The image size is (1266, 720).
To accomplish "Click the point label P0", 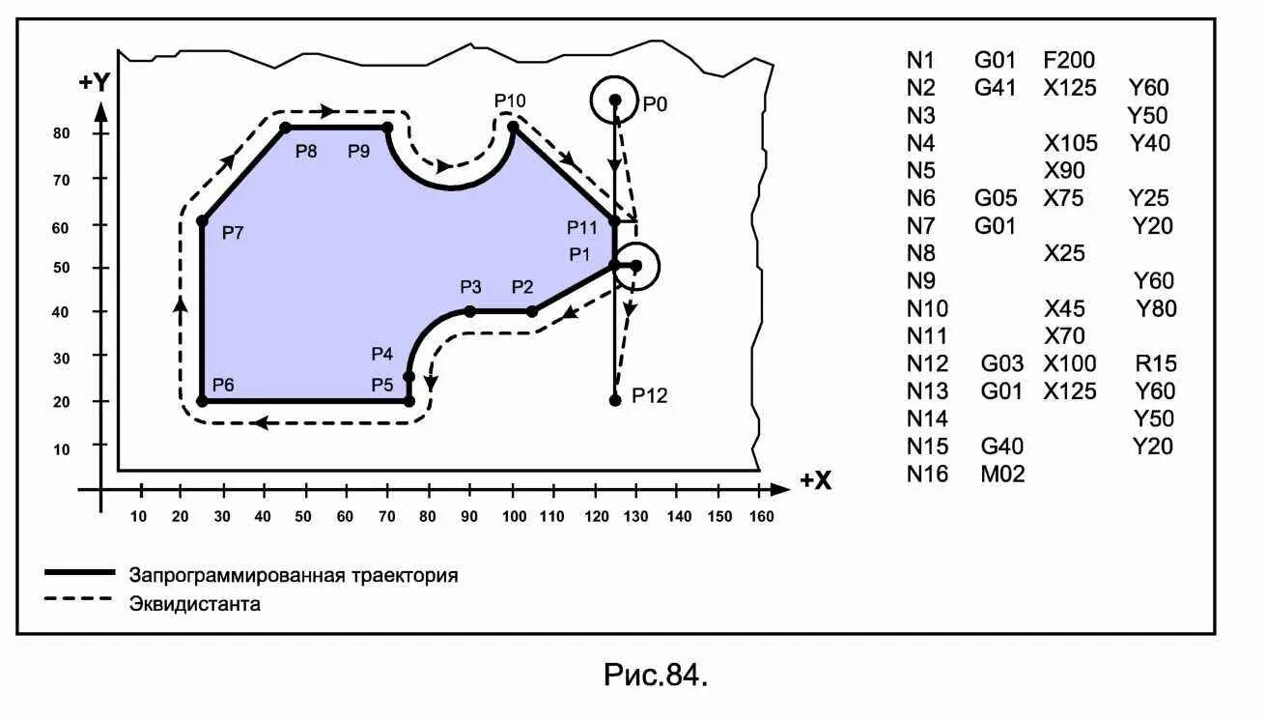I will click(x=656, y=103).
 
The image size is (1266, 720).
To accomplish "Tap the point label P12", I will click(x=650, y=395).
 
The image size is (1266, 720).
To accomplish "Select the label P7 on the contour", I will click(x=233, y=232).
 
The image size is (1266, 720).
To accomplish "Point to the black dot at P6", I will click(x=202, y=400).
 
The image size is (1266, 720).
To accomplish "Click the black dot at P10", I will click(x=513, y=127).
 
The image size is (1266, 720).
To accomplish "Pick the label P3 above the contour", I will click(x=470, y=287).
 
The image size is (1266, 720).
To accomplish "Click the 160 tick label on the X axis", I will click(x=761, y=516).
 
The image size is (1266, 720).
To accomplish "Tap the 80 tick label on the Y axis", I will click(x=61, y=133).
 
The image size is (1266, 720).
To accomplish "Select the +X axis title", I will click(x=816, y=480).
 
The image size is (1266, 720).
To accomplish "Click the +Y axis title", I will click(x=95, y=82).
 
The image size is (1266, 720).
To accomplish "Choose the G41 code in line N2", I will click(x=996, y=88).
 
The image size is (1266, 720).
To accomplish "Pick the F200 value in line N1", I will click(x=1069, y=61).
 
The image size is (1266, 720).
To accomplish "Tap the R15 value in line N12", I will click(x=1157, y=364).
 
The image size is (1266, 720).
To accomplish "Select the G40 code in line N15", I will click(x=1002, y=446).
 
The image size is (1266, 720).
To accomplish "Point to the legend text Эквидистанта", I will click(x=195, y=605).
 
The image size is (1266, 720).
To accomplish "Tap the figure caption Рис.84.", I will click(x=657, y=675).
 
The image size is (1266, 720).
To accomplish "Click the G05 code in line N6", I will click(x=996, y=198).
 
